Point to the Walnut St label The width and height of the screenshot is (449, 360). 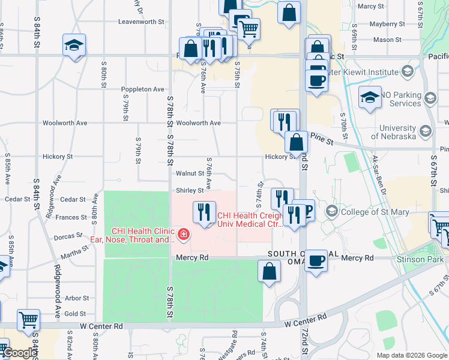point(190,173)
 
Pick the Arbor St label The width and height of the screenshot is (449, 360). point(76,298)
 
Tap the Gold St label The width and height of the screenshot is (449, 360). point(75,314)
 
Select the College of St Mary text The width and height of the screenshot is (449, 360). point(375,212)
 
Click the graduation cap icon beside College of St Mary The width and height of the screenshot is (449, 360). point(331,212)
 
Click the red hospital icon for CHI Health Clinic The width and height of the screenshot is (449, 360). point(182,234)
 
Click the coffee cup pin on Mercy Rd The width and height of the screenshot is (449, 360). point(316,262)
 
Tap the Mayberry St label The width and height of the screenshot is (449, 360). point(384,24)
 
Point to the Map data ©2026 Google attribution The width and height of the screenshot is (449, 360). point(411,355)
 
